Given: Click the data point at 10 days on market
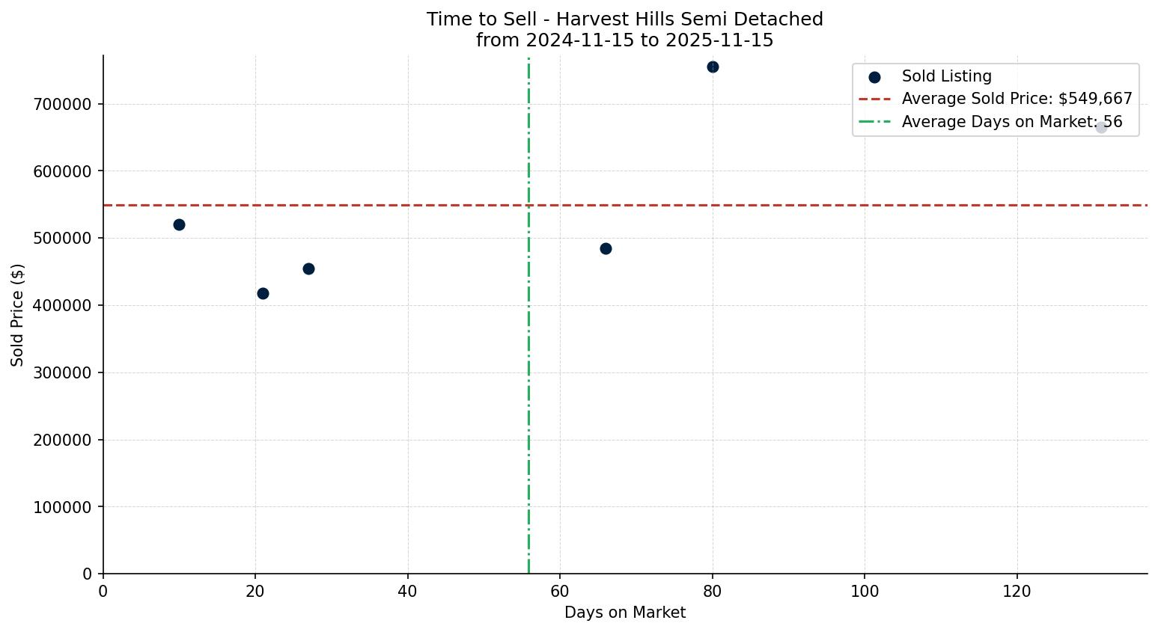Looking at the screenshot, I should [179, 224].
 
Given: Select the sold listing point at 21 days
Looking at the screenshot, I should [263, 293].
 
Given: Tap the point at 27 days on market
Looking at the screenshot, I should [308, 269].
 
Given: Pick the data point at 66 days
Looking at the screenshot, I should [606, 248].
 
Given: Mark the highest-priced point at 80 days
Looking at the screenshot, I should [713, 67].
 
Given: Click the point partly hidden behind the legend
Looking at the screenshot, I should [1101, 127].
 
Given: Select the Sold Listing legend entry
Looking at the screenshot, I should [946, 76].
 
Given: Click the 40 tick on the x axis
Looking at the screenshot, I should [408, 591].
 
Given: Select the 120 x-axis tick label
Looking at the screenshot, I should [1017, 591].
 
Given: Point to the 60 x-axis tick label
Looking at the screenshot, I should [560, 591].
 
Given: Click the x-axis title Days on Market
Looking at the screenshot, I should [625, 613].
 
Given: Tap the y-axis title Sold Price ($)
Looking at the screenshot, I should [17, 315].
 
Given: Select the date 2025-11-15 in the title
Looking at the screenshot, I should [719, 40].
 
